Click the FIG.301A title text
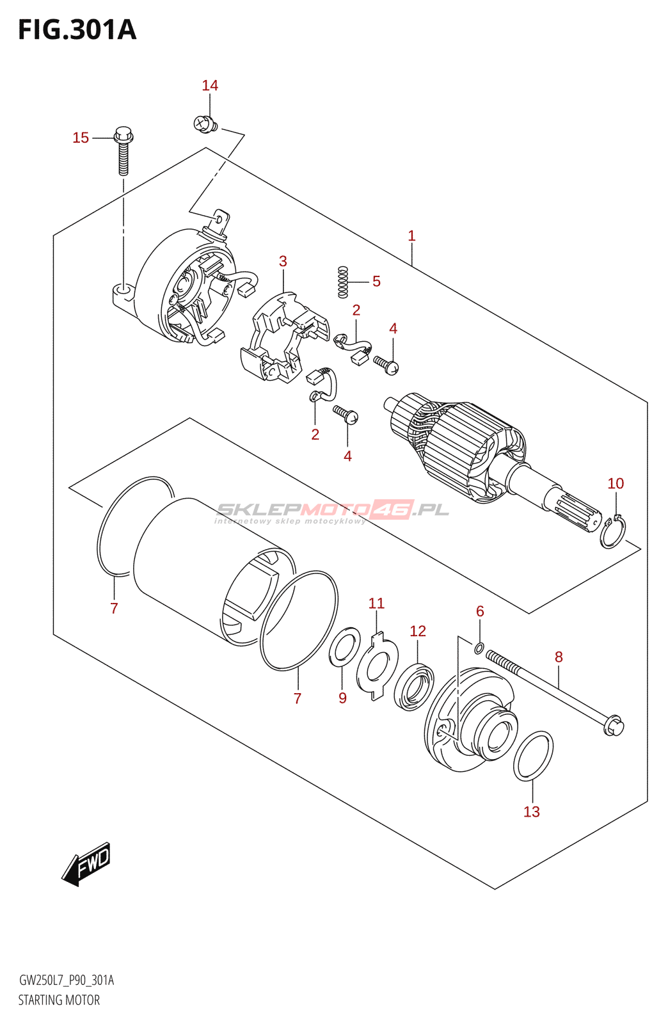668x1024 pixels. [x=77, y=30]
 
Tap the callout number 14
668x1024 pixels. [x=210, y=86]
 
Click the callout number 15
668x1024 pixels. [x=81, y=138]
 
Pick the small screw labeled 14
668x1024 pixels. [x=205, y=124]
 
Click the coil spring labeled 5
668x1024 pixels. [x=343, y=282]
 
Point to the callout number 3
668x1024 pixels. [x=283, y=261]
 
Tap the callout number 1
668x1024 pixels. [x=411, y=236]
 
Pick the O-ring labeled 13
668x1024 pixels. [x=533, y=756]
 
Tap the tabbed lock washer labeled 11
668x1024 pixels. [x=378, y=666]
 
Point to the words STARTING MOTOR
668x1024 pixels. [x=59, y=1000]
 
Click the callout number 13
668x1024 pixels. [x=532, y=812]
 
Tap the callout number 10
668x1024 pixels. [x=616, y=484]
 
